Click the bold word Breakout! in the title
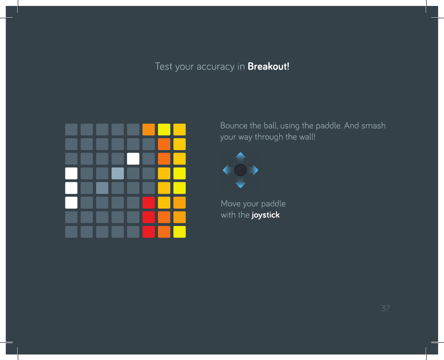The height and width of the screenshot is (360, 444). [269, 66]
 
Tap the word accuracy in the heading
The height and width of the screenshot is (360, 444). [216, 67]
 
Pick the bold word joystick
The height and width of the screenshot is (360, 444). [266, 215]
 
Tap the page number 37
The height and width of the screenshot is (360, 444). [386, 308]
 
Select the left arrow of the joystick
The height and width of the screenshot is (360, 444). [227, 170]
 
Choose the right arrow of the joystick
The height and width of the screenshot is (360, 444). [254, 170]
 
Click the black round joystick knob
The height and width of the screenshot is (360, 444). [240, 170]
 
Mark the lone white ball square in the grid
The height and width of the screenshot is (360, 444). [133, 159]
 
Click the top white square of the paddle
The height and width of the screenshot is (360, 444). [71, 173]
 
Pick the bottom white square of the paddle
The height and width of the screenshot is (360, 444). [71, 203]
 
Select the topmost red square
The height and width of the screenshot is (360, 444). [149, 203]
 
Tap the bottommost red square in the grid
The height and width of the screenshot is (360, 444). [149, 232]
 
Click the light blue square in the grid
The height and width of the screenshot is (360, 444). [117, 173]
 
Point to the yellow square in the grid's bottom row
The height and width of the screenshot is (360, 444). [180, 232]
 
